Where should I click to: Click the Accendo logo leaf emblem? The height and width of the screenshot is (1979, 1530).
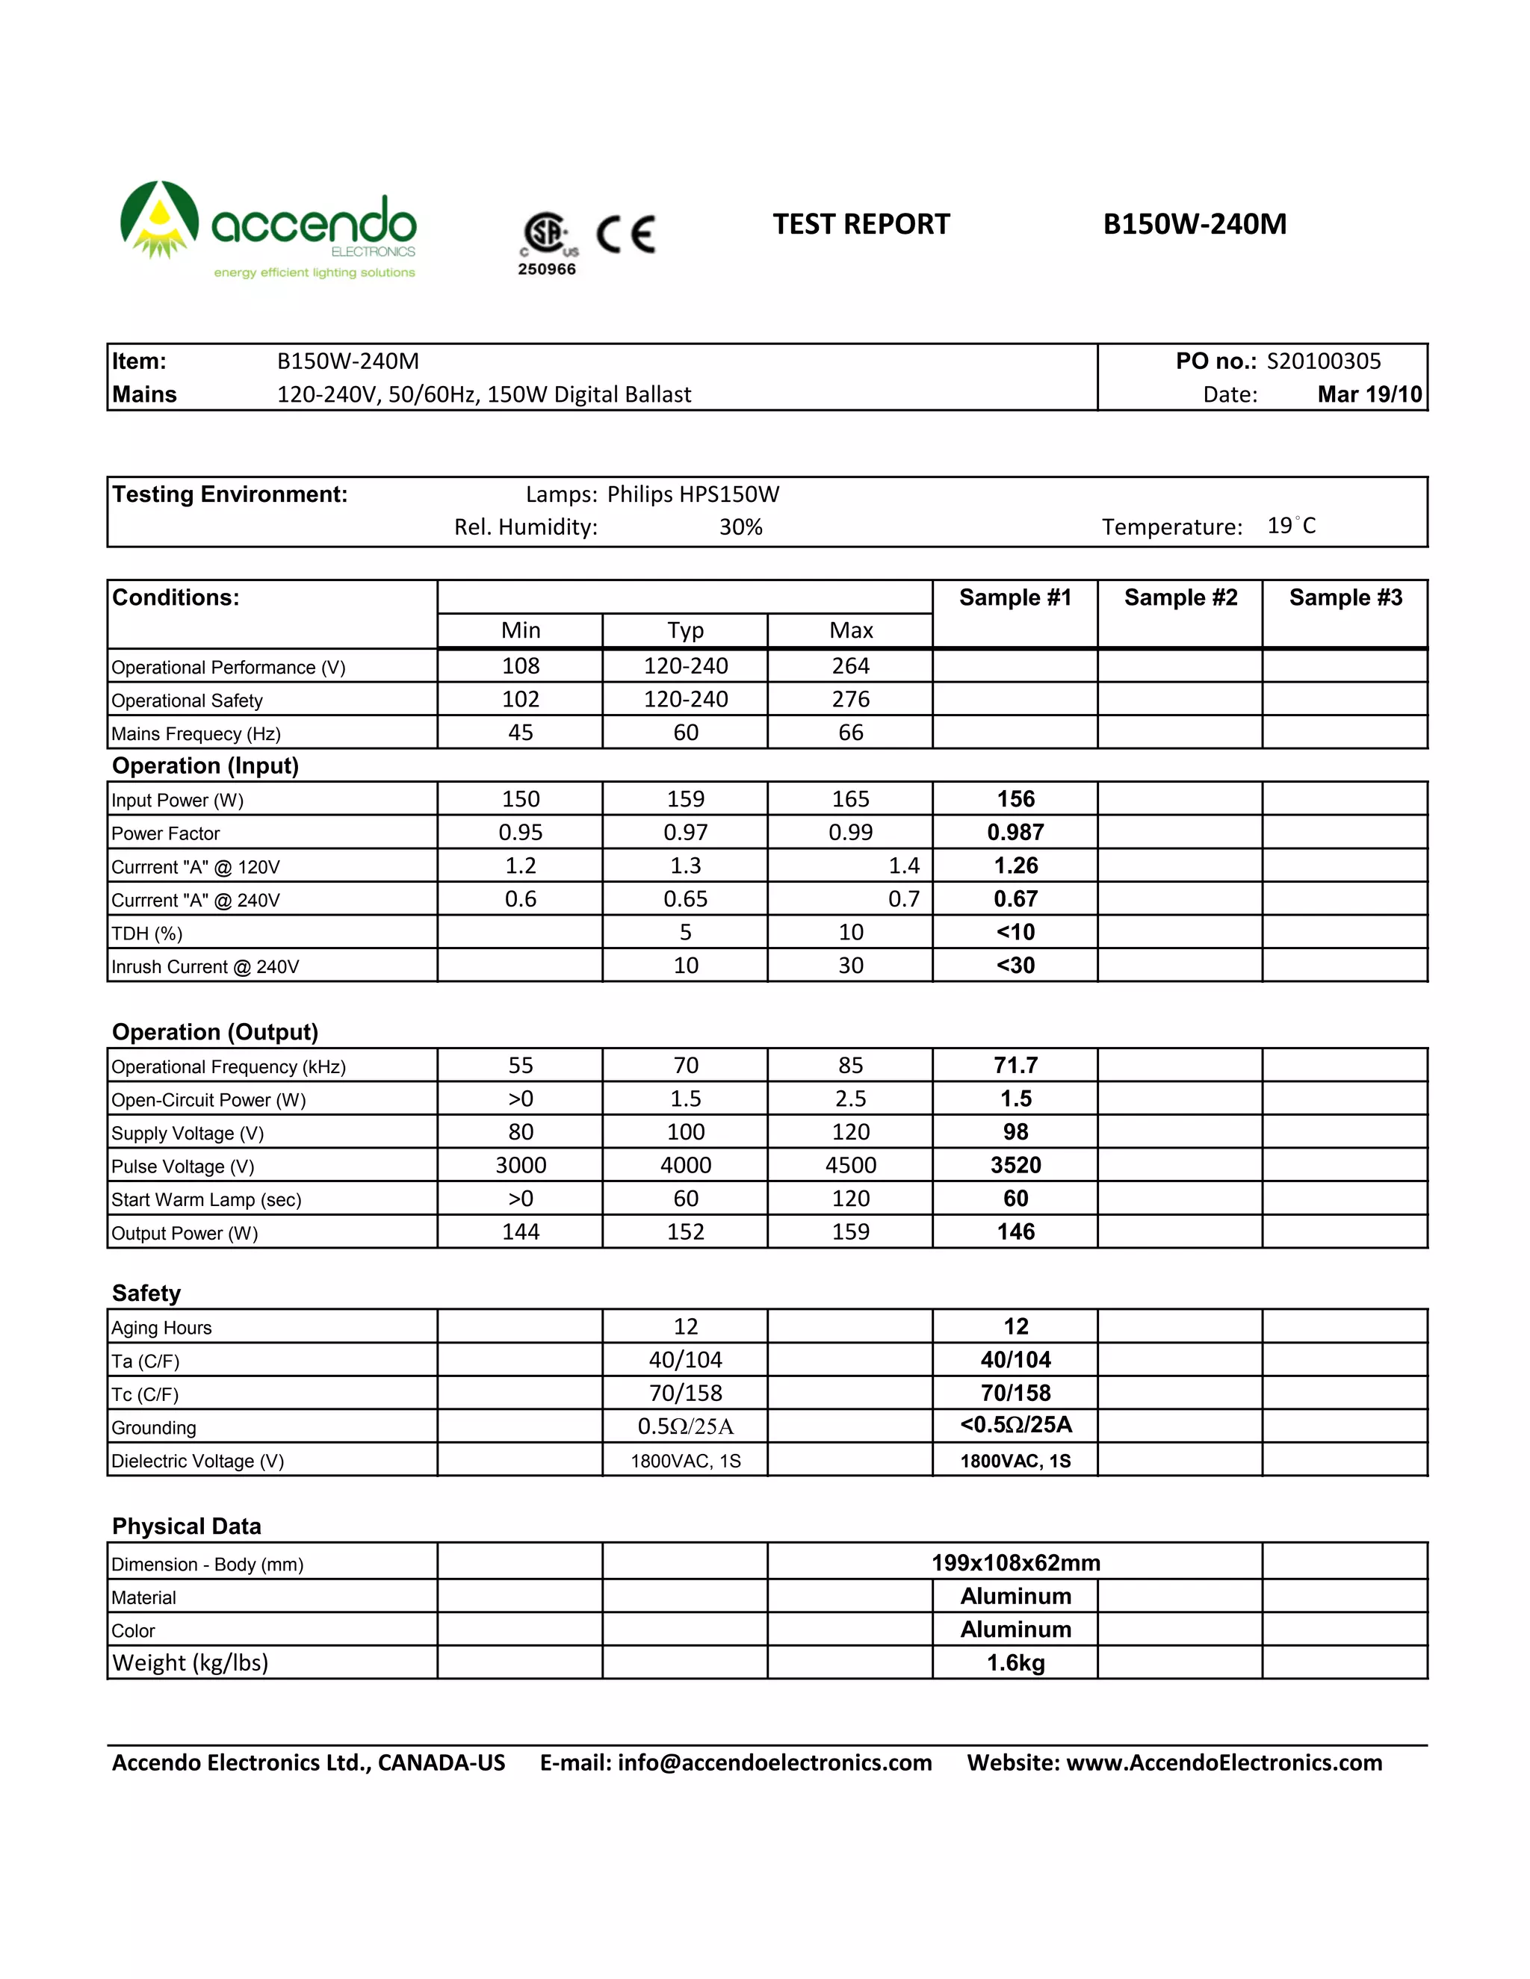(x=160, y=220)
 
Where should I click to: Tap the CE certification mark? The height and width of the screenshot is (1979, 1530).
(x=625, y=234)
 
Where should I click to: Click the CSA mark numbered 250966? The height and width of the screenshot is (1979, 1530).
(x=547, y=243)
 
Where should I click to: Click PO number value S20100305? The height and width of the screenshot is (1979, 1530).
(x=1323, y=361)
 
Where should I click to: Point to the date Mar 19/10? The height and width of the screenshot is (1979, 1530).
(x=1369, y=395)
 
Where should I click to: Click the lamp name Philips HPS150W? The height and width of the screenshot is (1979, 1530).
(x=693, y=494)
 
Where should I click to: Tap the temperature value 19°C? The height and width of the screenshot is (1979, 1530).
(x=1291, y=526)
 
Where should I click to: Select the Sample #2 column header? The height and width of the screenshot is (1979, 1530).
(x=1180, y=598)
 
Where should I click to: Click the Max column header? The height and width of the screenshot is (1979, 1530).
(x=850, y=631)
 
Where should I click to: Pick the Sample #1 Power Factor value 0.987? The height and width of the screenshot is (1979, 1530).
(x=1015, y=833)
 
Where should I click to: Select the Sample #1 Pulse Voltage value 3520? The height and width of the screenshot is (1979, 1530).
(x=1015, y=1165)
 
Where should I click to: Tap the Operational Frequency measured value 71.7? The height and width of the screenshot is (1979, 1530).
(x=1015, y=1066)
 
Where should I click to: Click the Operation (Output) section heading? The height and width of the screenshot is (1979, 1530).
(x=215, y=1033)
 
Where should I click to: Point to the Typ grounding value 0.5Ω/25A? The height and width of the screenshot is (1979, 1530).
(x=685, y=1427)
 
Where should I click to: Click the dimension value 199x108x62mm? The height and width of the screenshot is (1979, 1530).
(x=1015, y=1563)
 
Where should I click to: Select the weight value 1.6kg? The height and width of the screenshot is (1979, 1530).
(x=1015, y=1664)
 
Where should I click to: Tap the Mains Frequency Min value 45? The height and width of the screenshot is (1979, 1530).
(x=520, y=733)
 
